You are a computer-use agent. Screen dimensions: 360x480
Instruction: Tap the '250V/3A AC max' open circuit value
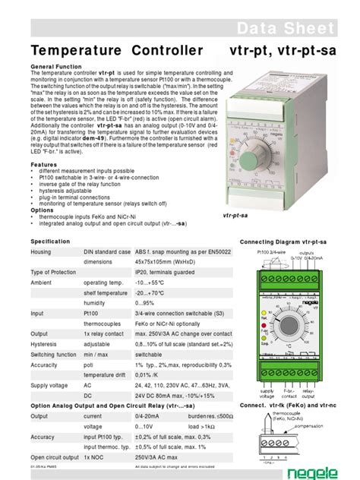(x=161, y=457)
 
